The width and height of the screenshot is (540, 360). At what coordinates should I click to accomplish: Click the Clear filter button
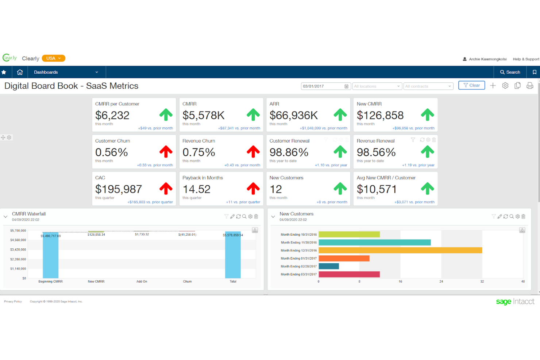pyautogui.click(x=471, y=85)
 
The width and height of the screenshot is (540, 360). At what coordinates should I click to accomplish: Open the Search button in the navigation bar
pyautogui.click(x=510, y=72)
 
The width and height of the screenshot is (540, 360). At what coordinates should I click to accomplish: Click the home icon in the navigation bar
pyautogui.click(x=20, y=72)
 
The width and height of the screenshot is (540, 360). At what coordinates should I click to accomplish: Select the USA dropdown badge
pyautogui.click(x=53, y=58)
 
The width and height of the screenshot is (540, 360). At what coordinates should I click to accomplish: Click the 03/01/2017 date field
pyautogui.click(x=323, y=86)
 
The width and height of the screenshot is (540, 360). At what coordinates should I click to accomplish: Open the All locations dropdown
pyautogui.click(x=377, y=86)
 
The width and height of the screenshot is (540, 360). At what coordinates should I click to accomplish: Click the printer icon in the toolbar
pyautogui.click(x=530, y=86)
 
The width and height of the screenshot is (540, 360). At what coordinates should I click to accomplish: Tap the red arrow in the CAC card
pyautogui.click(x=166, y=189)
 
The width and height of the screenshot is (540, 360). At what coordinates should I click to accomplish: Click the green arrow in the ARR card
pyautogui.click(x=340, y=115)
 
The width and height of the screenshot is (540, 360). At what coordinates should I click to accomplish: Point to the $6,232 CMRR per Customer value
pyautogui.click(x=112, y=116)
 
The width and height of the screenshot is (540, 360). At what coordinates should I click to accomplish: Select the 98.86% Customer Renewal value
pyautogui.click(x=289, y=152)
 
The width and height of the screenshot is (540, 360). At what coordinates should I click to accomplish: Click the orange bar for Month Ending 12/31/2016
pyautogui.click(x=400, y=250)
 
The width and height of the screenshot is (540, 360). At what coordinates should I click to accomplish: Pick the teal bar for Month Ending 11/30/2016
pyautogui.click(x=374, y=243)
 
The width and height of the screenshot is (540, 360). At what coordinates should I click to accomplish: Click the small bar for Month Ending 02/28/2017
pyautogui.click(x=329, y=266)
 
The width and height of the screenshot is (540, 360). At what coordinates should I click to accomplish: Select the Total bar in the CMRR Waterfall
pyautogui.click(x=233, y=255)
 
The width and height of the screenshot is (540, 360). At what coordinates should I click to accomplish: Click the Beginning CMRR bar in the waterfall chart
pyautogui.click(x=50, y=255)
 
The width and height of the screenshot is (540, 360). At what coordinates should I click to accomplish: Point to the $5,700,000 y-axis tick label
pyautogui.click(x=18, y=231)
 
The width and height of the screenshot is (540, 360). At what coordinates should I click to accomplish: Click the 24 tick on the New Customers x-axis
pyautogui.click(x=441, y=282)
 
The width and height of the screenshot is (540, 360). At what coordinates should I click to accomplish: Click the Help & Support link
pyautogui.click(x=526, y=59)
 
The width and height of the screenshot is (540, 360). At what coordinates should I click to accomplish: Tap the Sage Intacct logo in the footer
pyautogui.click(x=515, y=302)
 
